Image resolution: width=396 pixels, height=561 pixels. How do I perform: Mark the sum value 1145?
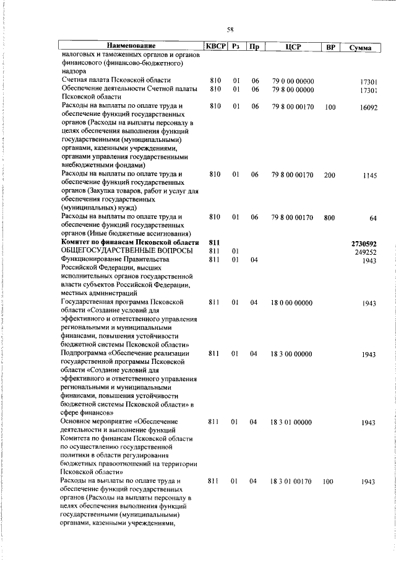click(x=370, y=176)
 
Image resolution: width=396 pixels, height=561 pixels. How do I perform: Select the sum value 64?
click(x=373, y=218)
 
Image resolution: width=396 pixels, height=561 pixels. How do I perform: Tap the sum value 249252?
click(x=366, y=252)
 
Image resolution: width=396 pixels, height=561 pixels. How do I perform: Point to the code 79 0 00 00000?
click(x=293, y=81)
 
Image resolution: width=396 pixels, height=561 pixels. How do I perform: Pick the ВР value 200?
click(x=329, y=176)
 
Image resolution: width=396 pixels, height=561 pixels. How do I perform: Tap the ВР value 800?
click(x=329, y=218)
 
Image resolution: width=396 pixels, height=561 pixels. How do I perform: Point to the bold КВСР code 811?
click(x=215, y=242)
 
